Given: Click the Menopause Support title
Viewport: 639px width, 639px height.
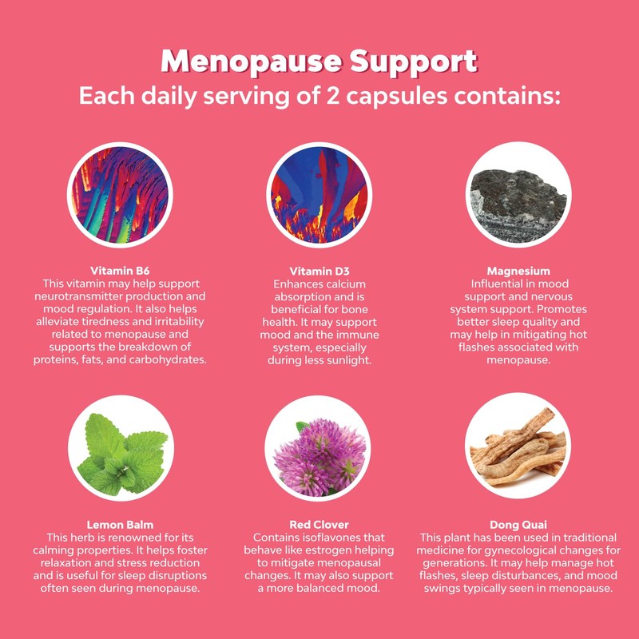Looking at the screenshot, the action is click(319, 62).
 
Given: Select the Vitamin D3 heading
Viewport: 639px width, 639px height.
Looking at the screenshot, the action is click(319, 271).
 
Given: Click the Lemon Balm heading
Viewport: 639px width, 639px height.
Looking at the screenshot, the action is click(121, 526).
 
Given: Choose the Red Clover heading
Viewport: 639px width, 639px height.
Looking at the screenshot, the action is click(319, 526).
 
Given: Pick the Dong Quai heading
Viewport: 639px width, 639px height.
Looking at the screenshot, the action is click(518, 526).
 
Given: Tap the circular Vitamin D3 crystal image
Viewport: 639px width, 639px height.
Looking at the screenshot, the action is click(319, 196).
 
